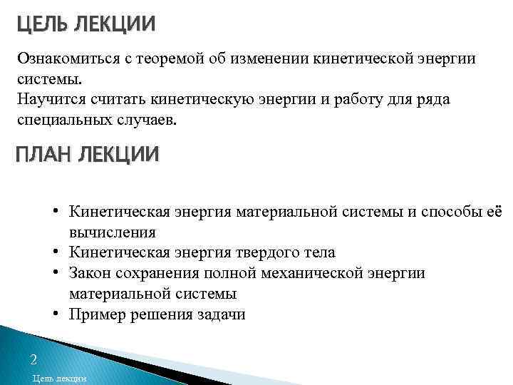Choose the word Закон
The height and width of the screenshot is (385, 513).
[90, 273]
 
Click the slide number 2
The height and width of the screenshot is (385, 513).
[33, 359]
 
